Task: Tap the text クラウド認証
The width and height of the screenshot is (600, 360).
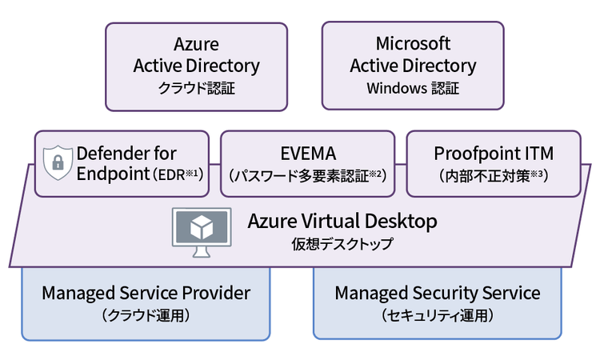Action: [196, 88]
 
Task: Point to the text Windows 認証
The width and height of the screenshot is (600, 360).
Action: [413, 88]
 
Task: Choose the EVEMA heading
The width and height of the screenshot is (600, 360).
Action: [307, 153]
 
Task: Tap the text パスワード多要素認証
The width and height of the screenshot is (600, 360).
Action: [302, 174]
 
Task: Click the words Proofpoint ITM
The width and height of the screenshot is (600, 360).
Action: [494, 153]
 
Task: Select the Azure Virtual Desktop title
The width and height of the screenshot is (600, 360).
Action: [342, 220]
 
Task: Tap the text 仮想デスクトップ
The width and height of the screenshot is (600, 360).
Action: [342, 244]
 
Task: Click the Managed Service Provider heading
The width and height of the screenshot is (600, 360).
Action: [146, 293]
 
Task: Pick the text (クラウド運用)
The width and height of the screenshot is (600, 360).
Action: [146, 315]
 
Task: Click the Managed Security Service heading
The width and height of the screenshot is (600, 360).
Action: [438, 293]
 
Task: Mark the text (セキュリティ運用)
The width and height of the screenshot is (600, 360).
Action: [438, 315]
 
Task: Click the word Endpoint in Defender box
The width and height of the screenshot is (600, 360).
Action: [112, 173]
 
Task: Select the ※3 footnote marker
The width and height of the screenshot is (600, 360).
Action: [544, 170]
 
